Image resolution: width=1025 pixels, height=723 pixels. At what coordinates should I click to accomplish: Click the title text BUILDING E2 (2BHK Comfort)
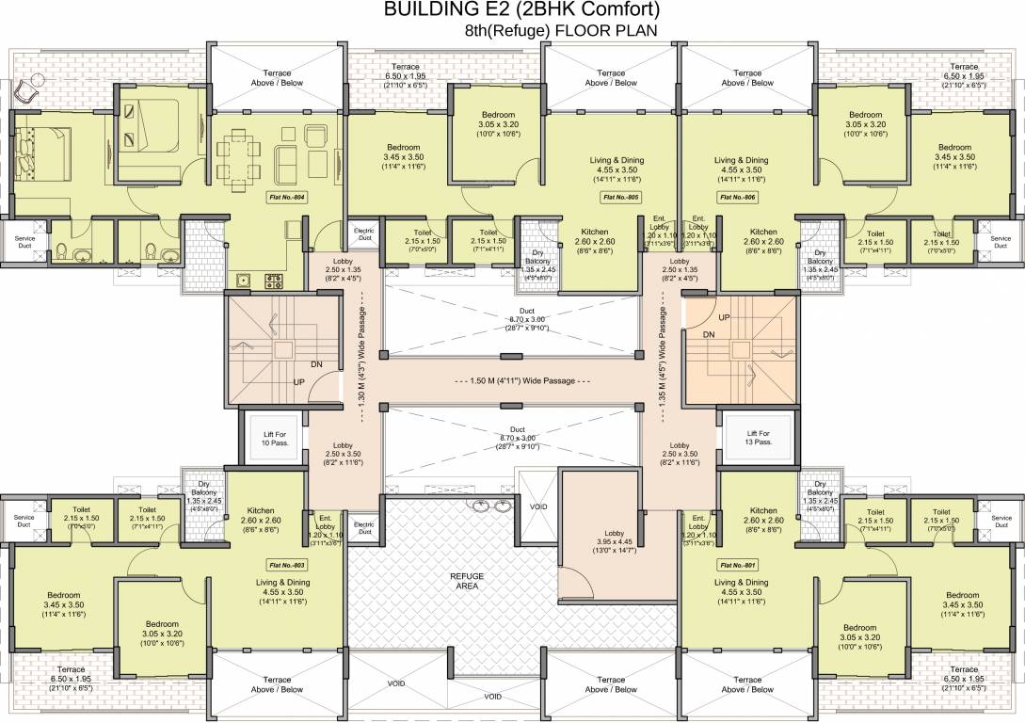[521, 10]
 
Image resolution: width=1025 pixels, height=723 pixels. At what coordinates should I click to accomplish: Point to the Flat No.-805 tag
[620, 198]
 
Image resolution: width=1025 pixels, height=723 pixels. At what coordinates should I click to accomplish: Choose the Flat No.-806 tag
[738, 198]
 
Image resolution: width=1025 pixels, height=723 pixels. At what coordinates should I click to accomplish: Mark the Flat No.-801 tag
[738, 565]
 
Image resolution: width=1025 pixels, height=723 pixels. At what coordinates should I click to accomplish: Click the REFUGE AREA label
[467, 579]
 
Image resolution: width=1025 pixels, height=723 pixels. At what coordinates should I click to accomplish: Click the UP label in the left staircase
[300, 382]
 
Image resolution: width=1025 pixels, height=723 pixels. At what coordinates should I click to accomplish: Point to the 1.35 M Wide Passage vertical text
[663, 344]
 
